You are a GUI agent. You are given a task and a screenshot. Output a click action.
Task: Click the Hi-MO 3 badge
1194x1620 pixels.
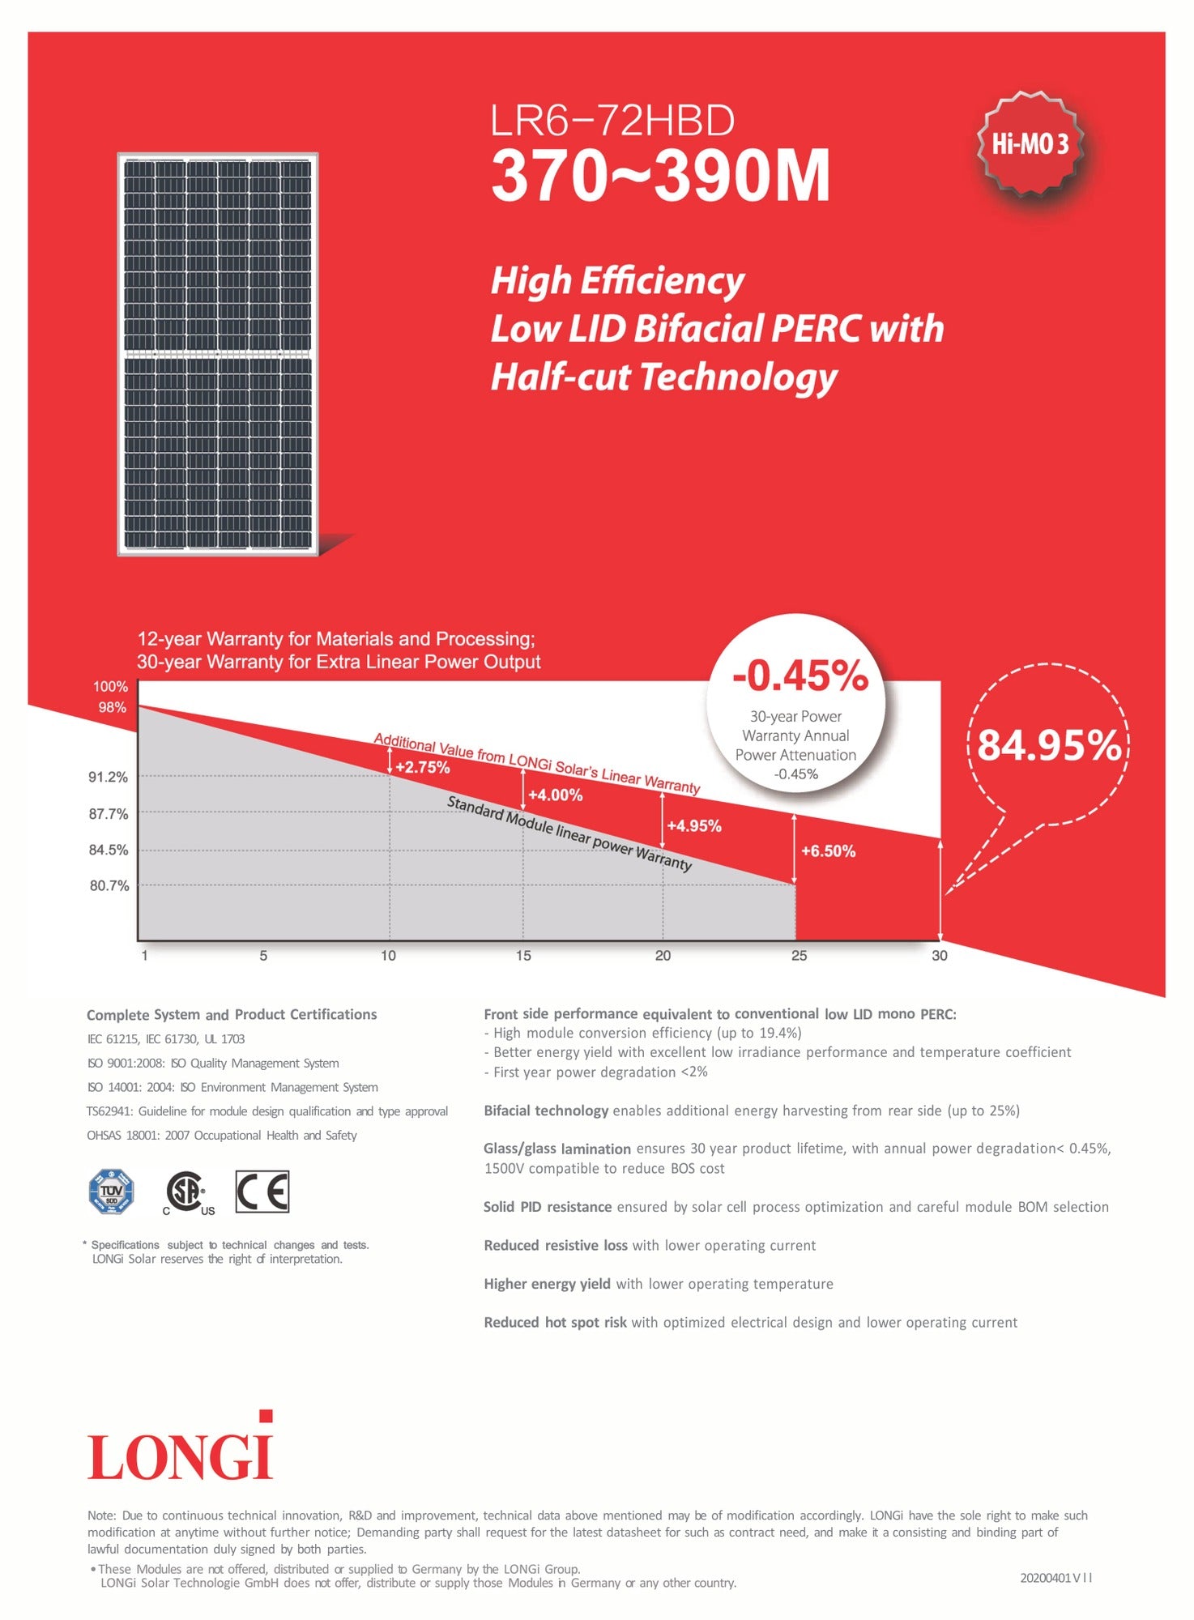pyautogui.click(x=1030, y=144)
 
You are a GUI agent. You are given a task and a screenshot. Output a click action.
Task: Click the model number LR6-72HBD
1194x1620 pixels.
pyautogui.click(x=612, y=122)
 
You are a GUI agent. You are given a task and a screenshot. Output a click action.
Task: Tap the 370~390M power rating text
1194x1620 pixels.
pyautogui.click(x=660, y=176)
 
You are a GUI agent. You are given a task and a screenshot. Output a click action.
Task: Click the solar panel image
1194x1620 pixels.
pyautogui.click(x=218, y=354)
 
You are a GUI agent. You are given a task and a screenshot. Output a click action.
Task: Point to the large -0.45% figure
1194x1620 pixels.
pyautogui.click(x=800, y=676)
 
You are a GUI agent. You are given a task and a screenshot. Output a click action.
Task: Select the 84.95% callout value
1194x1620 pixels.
pyautogui.click(x=1049, y=746)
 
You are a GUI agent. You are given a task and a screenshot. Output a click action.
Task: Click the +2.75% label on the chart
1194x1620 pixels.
pyautogui.click(x=422, y=767)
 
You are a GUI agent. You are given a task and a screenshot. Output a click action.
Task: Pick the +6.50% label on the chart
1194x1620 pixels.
pyautogui.click(x=828, y=851)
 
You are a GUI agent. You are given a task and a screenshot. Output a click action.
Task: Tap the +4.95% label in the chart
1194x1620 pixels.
pyautogui.click(x=693, y=826)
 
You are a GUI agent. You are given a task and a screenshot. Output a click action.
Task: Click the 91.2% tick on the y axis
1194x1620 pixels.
pyautogui.click(x=109, y=778)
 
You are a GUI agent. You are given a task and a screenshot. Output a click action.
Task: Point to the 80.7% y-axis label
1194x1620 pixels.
pyautogui.click(x=109, y=886)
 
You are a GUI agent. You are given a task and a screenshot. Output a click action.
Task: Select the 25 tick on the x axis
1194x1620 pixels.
pyautogui.click(x=799, y=956)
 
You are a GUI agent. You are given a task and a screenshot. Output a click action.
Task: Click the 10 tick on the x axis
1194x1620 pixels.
pyautogui.click(x=388, y=956)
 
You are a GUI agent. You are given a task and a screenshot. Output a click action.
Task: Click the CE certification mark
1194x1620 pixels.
pyautogui.click(x=262, y=1192)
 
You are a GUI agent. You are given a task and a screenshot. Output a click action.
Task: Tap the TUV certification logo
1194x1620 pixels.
pyautogui.click(x=111, y=1192)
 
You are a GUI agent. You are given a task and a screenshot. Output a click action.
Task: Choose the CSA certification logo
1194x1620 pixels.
pyautogui.click(x=188, y=1192)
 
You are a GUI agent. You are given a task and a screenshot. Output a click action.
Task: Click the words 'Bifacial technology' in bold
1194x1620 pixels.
pyautogui.click(x=545, y=1111)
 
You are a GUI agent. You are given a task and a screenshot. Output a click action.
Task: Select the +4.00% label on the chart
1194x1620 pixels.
pyautogui.click(x=555, y=795)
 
